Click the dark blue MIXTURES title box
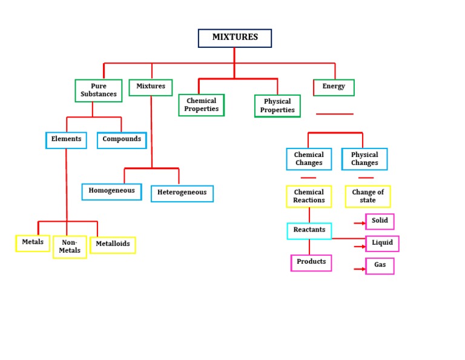click(x=235, y=38)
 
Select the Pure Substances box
click(x=98, y=90)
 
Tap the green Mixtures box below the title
click(x=151, y=87)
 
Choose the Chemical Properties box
click(x=202, y=105)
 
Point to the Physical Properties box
click(x=277, y=105)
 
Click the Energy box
click(x=334, y=87)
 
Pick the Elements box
click(x=66, y=140)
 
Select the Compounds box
click(x=122, y=140)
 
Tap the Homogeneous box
click(x=111, y=192)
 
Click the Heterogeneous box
click(x=182, y=193)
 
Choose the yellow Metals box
click(x=33, y=243)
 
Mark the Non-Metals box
click(x=70, y=247)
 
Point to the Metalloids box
click(x=113, y=245)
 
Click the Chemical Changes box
click(x=309, y=159)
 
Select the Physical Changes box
click(x=364, y=159)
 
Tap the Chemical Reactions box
click(x=309, y=196)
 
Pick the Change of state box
click(x=368, y=196)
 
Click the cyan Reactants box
click(x=309, y=230)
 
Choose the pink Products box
click(x=311, y=262)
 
